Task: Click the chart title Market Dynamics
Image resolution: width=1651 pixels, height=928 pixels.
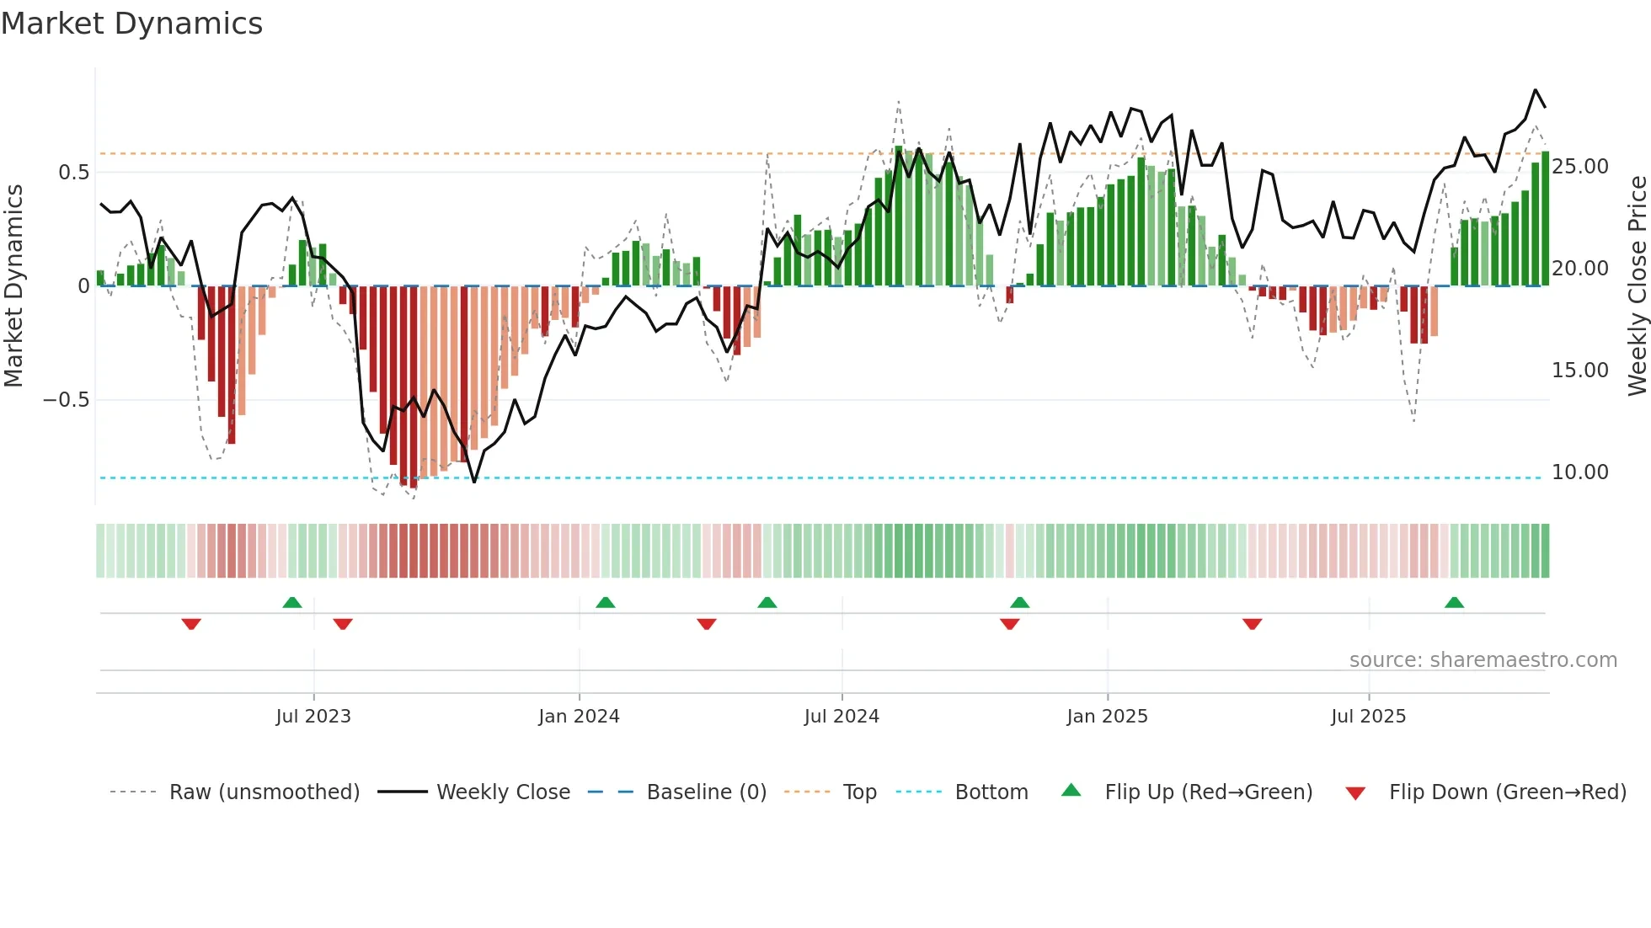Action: [x=132, y=24]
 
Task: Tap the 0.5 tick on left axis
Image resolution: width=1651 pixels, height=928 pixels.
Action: [x=73, y=173]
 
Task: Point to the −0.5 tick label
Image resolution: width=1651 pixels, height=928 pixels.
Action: [x=66, y=400]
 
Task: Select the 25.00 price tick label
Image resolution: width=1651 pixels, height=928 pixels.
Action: [x=1579, y=167]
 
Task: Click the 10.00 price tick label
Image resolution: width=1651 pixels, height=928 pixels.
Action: [x=1579, y=472]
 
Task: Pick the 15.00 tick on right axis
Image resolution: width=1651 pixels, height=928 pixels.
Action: [x=1579, y=371]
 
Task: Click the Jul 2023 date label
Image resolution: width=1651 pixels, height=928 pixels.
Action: [x=313, y=717]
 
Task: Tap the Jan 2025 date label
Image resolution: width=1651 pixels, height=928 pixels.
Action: [x=1107, y=717]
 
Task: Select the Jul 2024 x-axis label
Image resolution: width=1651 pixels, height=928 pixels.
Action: [x=842, y=717]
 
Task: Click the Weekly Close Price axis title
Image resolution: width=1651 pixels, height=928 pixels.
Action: [x=1637, y=286]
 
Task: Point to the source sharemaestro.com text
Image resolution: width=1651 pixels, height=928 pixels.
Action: [x=1483, y=660]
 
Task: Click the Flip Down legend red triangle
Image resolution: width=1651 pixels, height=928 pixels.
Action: [x=1355, y=793]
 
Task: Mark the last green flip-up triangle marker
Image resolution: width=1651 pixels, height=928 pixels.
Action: [x=1454, y=603]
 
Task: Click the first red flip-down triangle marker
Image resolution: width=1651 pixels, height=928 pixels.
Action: [x=191, y=624]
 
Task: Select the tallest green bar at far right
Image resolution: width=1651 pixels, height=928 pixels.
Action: [x=1545, y=219]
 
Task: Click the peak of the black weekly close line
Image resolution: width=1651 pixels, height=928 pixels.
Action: [x=1535, y=90]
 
